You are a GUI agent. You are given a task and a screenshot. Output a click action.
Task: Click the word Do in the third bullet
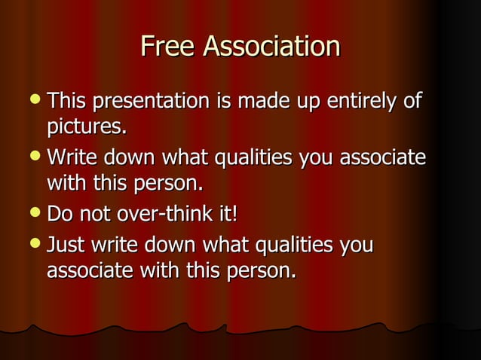click(x=61, y=216)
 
